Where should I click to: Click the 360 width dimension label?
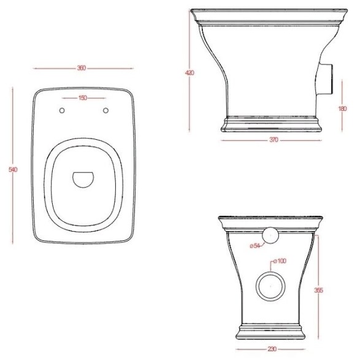click(x=82, y=67)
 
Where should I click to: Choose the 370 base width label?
click(x=274, y=140)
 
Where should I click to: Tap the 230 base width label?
click(x=271, y=349)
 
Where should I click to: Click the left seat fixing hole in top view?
click(x=62, y=110)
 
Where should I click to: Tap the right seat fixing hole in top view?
click(x=105, y=110)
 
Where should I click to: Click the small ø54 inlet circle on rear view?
click(x=270, y=235)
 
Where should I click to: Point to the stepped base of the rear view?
click(x=271, y=334)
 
